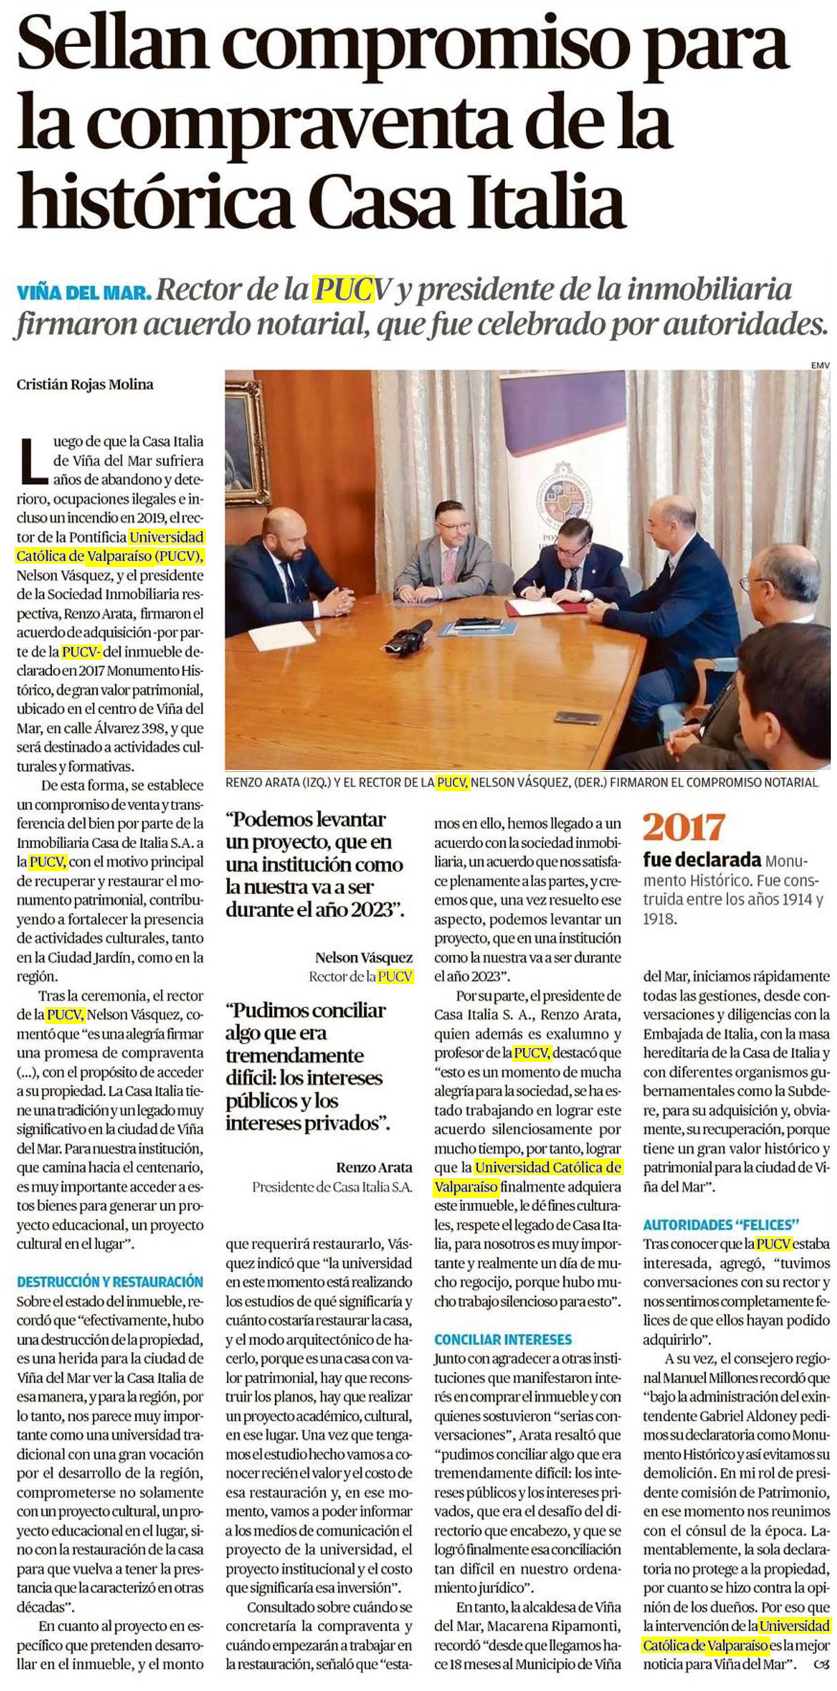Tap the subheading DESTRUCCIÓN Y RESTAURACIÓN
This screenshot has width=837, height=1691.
[110, 1282]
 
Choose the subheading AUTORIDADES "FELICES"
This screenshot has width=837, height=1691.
[721, 1224]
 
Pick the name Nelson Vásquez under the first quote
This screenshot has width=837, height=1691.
[364, 958]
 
